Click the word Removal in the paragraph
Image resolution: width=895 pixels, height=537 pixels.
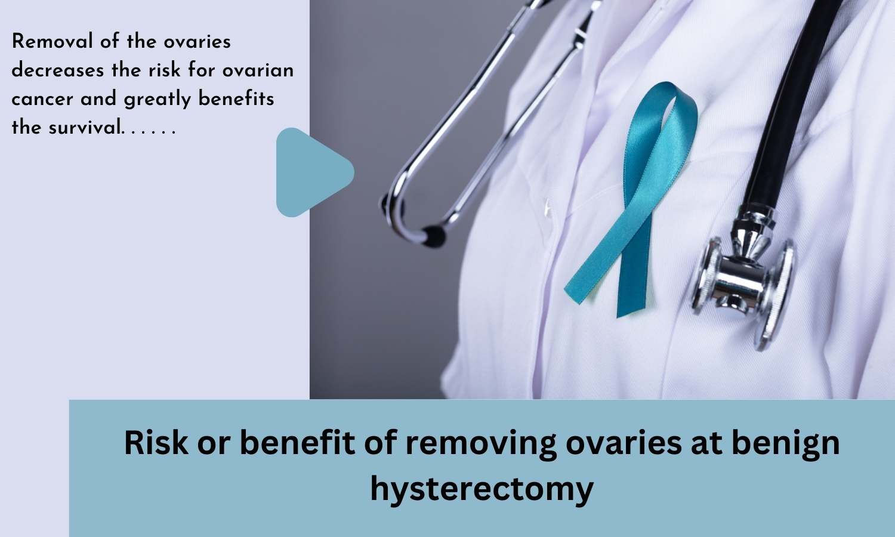53,41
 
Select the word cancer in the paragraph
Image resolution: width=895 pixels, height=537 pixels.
42,99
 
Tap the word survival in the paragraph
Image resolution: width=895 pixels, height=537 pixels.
85,128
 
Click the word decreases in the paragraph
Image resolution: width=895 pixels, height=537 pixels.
58,70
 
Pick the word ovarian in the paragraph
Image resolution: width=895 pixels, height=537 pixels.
258,70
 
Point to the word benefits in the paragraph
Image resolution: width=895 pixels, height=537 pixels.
236,98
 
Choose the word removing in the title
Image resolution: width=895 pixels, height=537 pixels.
482,445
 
